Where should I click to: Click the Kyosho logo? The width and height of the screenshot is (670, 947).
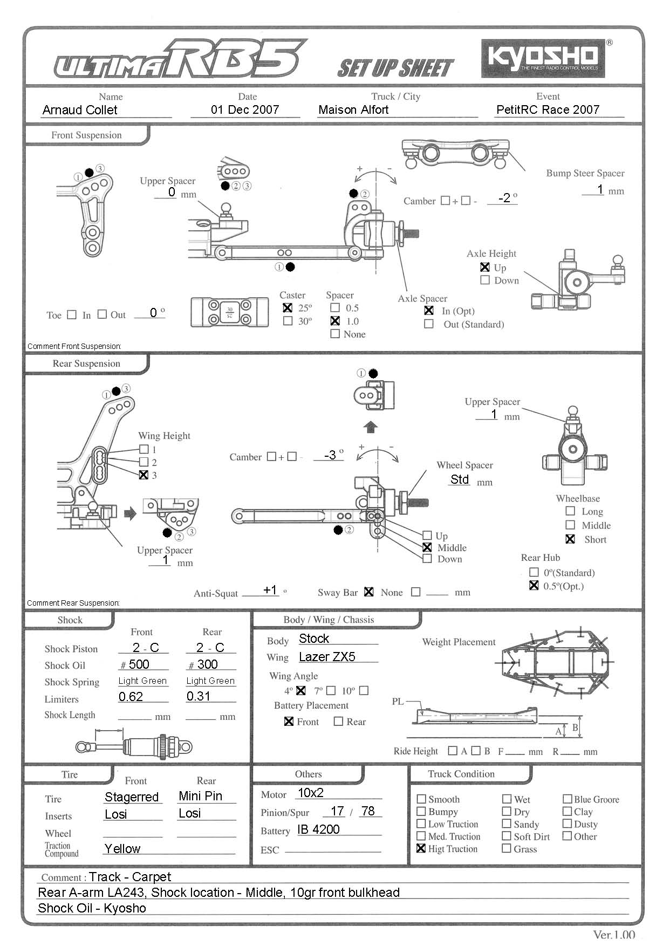click(x=543, y=58)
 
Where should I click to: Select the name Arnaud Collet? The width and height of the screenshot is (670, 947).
click(x=80, y=110)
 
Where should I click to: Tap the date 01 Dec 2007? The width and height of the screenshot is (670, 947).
click(x=245, y=110)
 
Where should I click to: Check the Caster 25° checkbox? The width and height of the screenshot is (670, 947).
click(x=288, y=308)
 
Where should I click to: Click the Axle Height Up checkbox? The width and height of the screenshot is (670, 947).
click(x=484, y=267)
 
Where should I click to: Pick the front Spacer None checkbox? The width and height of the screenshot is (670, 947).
click(x=335, y=334)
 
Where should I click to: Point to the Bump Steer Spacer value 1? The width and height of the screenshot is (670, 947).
click(x=600, y=189)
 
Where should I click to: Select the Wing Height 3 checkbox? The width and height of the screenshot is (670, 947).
click(x=143, y=475)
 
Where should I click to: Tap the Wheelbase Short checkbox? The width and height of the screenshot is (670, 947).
click(x=570, y=539)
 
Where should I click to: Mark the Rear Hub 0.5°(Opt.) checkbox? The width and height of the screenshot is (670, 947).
click(x=534, y=586)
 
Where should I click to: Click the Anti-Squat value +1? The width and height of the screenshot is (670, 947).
click(x=270, y=590)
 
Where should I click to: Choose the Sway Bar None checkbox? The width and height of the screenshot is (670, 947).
click(x=369, y=592)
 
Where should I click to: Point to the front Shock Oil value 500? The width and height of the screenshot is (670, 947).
click(x=139, y=664)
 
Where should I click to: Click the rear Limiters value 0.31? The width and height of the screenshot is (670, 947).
click(x=199, y=696)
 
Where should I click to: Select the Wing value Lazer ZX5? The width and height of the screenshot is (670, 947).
click(x=327, y=657)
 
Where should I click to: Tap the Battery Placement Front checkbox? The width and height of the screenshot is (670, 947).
click(x=289, y=721)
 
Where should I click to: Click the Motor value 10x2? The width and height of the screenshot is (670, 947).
click(x=311, y=793)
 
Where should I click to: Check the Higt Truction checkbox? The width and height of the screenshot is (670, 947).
click(x=421, y=848)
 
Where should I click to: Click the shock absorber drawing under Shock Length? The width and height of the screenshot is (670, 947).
click(x=134, y=746)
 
